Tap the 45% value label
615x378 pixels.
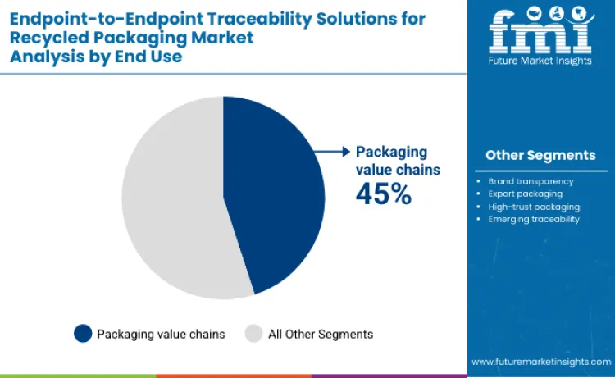[x=382, y=193]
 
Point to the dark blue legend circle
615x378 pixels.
[x=82, y=334]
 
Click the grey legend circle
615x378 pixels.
[x=253, y=334]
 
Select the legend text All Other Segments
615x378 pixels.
[x=321, y=334]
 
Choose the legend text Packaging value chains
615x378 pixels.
[x=161, y=334]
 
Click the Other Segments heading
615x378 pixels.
[x=540, y=155]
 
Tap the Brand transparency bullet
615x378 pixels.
[x=531, y=180]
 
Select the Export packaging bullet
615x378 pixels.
[x=525, y=194]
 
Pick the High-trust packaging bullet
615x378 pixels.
[x=534, y=207]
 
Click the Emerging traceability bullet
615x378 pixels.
[x=534, y=219]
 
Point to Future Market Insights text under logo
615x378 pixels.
[x=540, y=61]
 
